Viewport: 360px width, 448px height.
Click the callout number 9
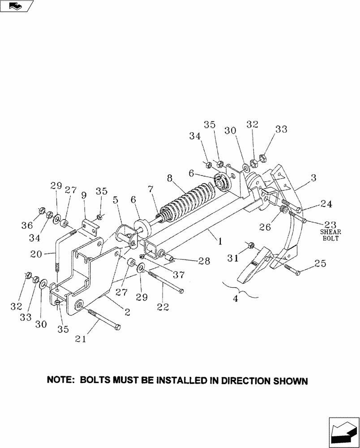click(84, 195)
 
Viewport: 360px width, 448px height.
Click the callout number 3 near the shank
click(314, 178)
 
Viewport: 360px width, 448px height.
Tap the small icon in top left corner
click(16, 6)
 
